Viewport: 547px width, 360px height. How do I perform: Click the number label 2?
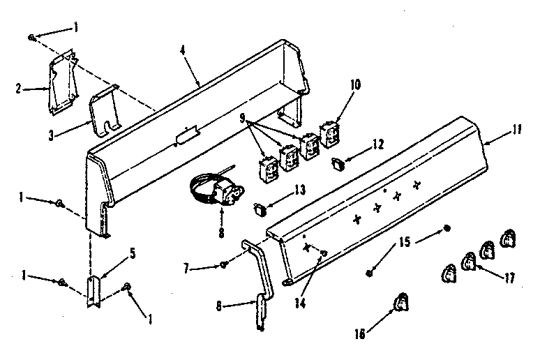pos(17,89)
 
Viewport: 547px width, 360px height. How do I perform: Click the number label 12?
pos(377,145)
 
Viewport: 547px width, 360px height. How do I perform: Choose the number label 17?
pos(509,278)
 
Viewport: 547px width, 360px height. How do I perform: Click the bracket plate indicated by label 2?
pos(63,82)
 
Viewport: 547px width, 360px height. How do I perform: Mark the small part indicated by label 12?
pos(340,164)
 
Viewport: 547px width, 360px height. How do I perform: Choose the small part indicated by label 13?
pos(259,207)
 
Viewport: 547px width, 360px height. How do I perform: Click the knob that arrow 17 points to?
pos(470,261)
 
